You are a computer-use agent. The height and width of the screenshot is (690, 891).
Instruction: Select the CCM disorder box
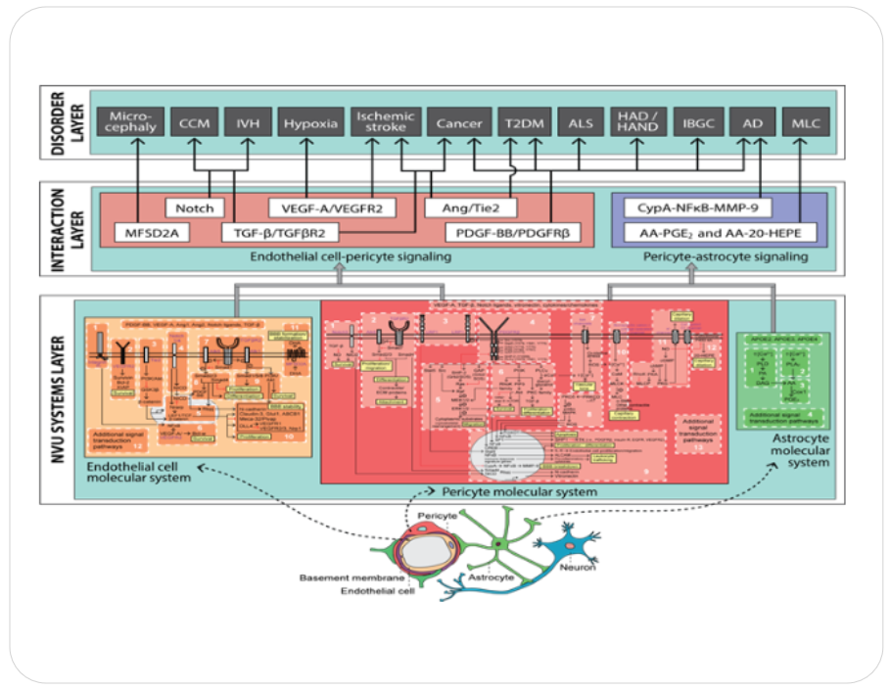[193, 123]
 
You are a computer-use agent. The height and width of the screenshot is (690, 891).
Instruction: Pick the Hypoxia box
[310, 123]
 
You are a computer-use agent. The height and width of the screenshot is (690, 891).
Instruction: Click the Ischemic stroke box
[385, 122]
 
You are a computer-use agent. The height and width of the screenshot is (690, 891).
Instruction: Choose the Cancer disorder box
[458, 123]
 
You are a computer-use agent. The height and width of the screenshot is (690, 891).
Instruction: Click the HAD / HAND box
[638, 122]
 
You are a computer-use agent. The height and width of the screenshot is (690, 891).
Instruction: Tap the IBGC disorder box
[697, 123]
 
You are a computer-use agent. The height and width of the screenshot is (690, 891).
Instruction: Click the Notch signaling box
[194, 207]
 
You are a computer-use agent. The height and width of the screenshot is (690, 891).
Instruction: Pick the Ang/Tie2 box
[468, 207]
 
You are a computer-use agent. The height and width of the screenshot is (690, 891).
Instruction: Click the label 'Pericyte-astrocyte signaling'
[726, 256]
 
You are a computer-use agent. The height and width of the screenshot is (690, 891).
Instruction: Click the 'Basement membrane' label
[345, 577]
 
